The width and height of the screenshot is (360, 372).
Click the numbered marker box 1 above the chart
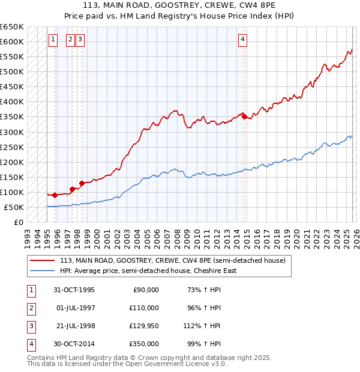pos(53,40)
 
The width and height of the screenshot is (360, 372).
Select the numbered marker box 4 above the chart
pos(242,40)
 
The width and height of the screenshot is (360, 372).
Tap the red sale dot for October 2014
pos(244,116)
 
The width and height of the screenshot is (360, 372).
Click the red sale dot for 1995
pos(55,195)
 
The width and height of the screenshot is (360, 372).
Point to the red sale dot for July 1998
pos(82,183)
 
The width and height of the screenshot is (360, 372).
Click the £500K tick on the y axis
pos(11,72)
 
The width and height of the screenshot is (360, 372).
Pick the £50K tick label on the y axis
pos(13,208)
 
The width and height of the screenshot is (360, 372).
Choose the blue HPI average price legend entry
pos(148,271)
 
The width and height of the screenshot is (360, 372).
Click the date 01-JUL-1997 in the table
pos(75,308)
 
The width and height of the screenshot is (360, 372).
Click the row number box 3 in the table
pos(31,326)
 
